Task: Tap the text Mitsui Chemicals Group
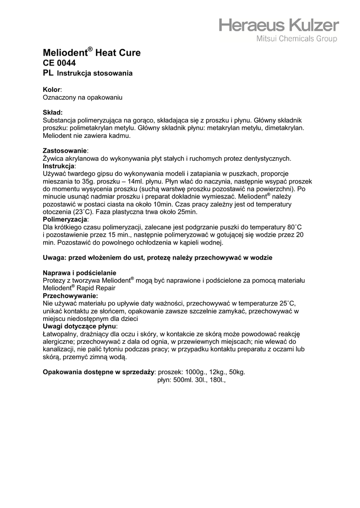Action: pyautogui.click(x=296, y=39)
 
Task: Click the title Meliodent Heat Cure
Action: pyautogui.click(x=92, y=53)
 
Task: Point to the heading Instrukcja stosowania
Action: pyautogui.click(x=95, y=74)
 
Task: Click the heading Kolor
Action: pyautogui.click(x=52, y=89)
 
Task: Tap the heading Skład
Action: pyautogui.click(x=53, y=113)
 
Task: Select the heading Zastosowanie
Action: pyautogui.click(x=65, y=150)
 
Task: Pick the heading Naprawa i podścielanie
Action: pyautogui.click(x=79, y=272)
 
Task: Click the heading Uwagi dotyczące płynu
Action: pyautogui.click(x=79, y=326)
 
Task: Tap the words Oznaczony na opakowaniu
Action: pyautogui.click(x=82, y=98)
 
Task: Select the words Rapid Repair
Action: pyautogui.click(x=96, y=288)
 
